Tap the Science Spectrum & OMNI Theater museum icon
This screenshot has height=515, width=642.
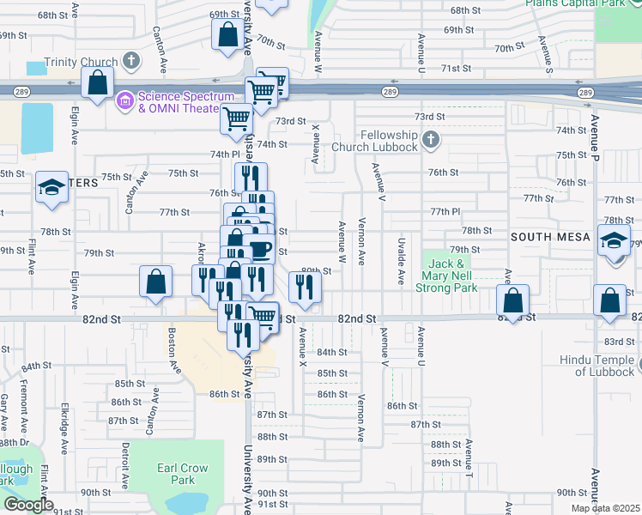point(125,101)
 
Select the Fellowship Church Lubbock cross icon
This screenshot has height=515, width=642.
point(430,138)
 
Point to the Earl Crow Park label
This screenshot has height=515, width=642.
point(183,475)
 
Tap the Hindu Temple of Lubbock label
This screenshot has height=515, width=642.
point(599,366)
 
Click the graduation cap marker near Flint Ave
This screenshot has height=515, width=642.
point(51,189)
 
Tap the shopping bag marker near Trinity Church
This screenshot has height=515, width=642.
point(98,84)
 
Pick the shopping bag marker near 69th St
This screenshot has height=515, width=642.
point(228,36)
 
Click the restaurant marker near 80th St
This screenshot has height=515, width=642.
point(304,288)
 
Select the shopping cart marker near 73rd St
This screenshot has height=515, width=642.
point(235,119)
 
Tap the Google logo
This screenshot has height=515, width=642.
point(28,505)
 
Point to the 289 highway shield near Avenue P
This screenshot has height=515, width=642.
point(586,92)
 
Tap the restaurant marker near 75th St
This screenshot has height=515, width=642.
point(251,179)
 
